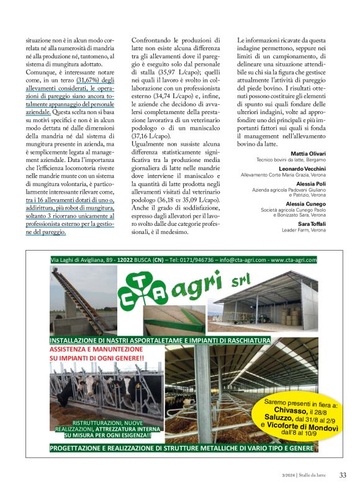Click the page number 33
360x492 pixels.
[x=343, y=475]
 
